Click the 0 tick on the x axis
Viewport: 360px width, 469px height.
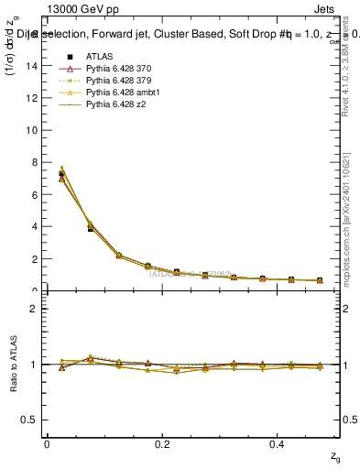pos(47,443)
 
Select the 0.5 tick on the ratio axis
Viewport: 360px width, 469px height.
pos(32,420)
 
